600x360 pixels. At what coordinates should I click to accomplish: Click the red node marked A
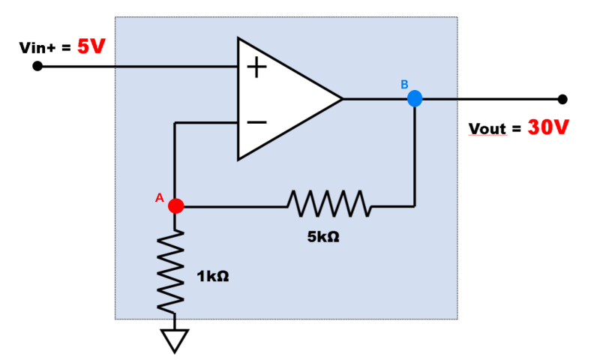click(175, 205)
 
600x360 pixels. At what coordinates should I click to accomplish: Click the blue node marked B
click(414, 98)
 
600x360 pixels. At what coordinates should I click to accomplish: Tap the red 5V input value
click(91, 47)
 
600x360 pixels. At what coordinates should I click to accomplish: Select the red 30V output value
click(547, 127)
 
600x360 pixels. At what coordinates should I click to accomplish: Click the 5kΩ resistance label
click(323, 235)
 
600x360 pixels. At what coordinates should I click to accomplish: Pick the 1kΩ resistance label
click(212, 277)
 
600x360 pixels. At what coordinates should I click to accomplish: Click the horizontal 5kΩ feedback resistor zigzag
click(327, 203)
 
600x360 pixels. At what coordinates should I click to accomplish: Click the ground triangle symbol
click(175, 341)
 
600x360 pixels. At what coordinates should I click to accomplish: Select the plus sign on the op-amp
click(256, 68)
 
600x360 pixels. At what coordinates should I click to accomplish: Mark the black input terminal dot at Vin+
click(37, 66)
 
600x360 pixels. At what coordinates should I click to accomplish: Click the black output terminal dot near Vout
click(562, 99)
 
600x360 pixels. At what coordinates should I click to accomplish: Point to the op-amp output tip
click(341, 98)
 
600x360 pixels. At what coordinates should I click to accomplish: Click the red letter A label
click(159, 198)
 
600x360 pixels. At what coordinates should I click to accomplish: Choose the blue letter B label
click(404, 84)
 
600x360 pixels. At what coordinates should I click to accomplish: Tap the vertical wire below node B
click(414, 157)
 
